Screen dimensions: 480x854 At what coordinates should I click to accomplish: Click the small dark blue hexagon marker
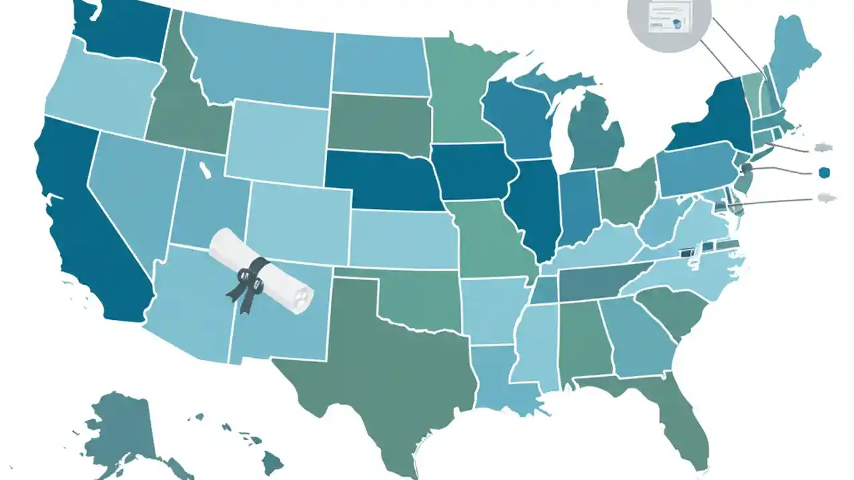[826, 173]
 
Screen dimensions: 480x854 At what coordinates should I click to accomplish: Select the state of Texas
[387, 360]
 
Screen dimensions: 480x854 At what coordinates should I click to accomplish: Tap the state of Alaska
[123, 427]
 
